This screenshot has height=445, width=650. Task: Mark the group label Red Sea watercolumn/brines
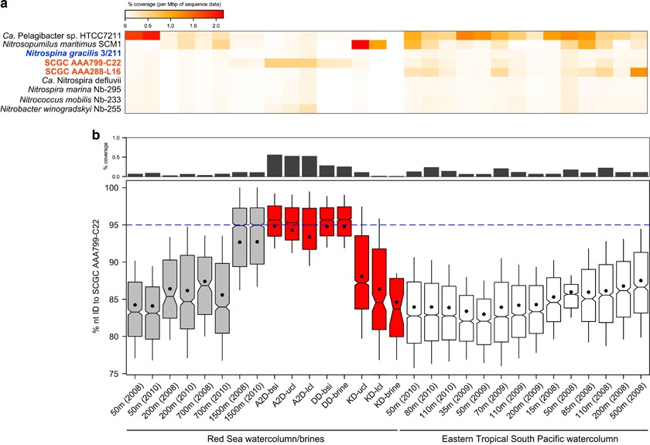(x=258, y=437)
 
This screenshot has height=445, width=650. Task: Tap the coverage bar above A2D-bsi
(x=274, y=166)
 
